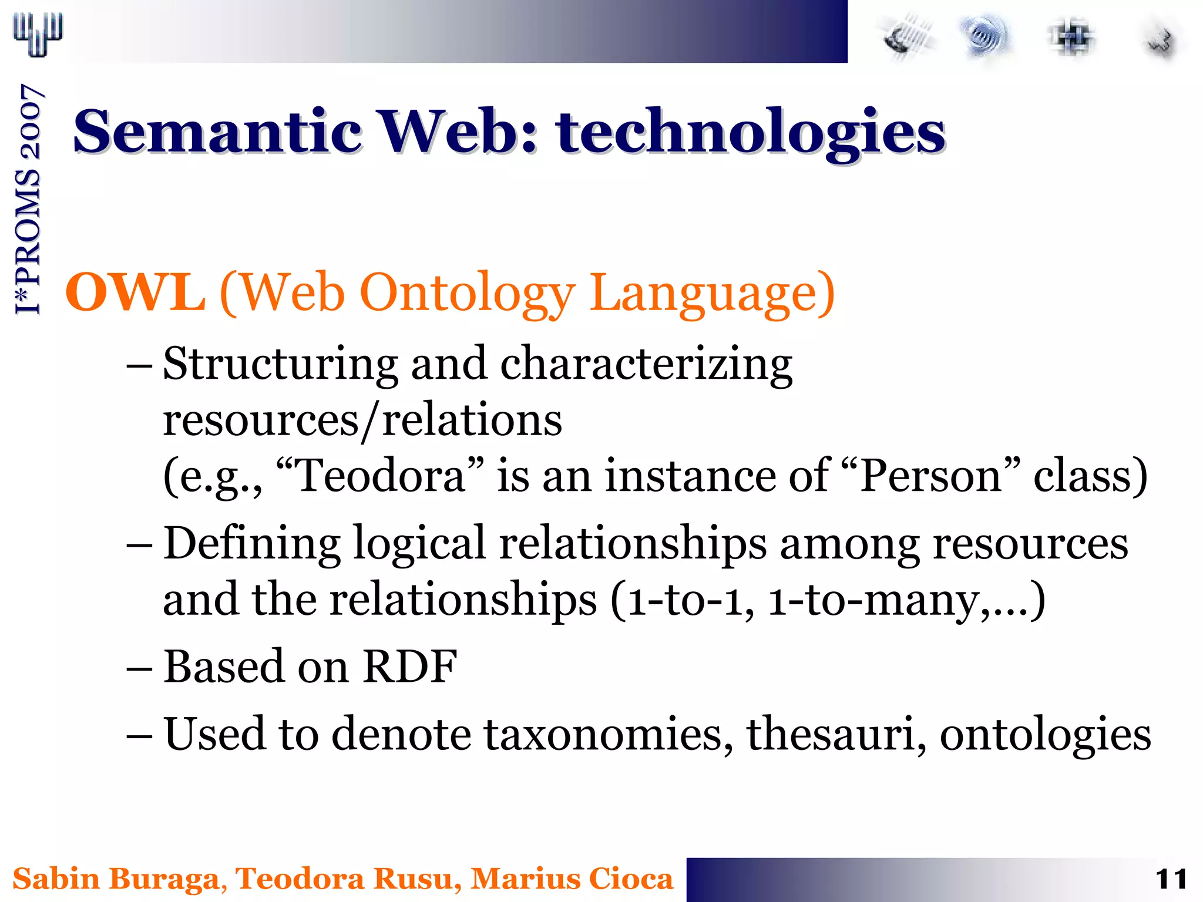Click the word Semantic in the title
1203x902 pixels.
click(x=217, y=132)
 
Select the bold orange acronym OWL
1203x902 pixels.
click(x=135, y=292)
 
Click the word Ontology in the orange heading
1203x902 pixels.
click(x=468, y=294)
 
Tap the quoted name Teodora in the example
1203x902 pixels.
click(x=381, y=476)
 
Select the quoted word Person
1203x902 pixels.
click(x=930, y=476)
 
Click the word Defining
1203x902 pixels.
click(x=251, y=544)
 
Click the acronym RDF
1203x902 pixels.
click(x=410, y=667)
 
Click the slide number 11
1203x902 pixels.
click(x=1171, y=880)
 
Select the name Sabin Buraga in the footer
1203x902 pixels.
click(x=117, y=879)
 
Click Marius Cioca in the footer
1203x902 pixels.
click(x=572, y=879)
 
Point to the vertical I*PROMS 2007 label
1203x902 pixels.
click(x=28, y=200)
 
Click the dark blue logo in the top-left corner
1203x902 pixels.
click(x=38, y=34)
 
